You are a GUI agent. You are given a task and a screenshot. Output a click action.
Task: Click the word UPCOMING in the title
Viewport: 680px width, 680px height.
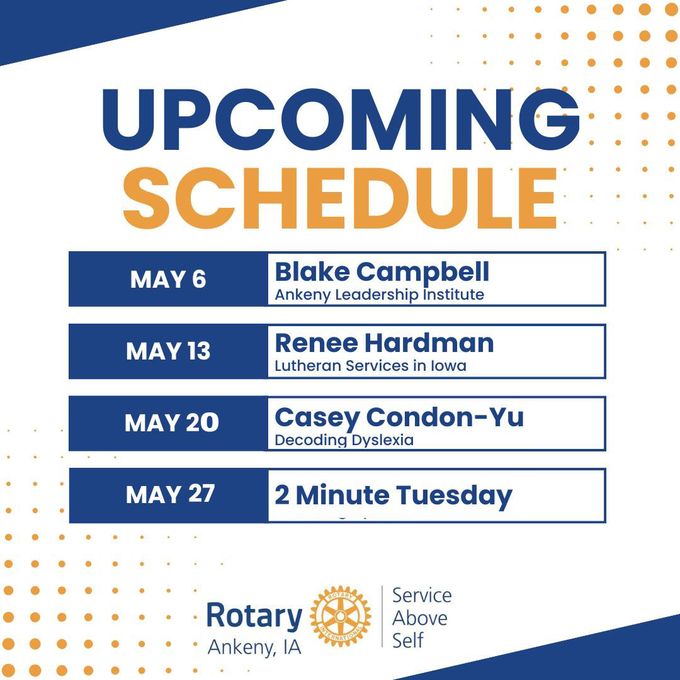click(x=341, y=119)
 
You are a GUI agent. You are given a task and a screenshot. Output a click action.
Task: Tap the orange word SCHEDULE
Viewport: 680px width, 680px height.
click(x=340, y=198)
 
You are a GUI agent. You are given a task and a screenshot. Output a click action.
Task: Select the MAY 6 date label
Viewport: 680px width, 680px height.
click(x=168, y=280)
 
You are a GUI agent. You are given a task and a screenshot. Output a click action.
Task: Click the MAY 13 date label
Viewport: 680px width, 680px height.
click(x=168, y=351)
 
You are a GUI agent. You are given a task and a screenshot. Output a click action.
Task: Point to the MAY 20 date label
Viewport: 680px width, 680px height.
click(x=172, y=423)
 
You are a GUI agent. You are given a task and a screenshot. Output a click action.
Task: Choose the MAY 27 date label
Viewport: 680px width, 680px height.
click(x=170, y=494)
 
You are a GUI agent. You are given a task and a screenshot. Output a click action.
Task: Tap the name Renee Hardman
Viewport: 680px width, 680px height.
click(x=384, y=344)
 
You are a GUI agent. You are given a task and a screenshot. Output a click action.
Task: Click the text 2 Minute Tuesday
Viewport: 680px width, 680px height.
click(x=394, y=497)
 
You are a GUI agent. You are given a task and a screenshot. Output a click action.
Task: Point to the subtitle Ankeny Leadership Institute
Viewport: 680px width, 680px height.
click(x=380, y=295)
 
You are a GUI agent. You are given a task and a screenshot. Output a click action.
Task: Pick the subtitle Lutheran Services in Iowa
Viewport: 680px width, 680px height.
click(x=370, y=366)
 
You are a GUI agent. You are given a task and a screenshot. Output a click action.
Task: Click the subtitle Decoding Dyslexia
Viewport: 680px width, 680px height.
click(x=344, y=441)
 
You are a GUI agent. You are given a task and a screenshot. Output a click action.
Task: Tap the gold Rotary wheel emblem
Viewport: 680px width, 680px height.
click(x=341, y=616)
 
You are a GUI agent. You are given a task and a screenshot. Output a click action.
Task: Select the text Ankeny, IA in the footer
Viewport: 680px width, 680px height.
click(x=254, y=647)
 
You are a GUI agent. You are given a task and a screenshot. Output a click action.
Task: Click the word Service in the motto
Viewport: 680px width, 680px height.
click(x=421, y=596)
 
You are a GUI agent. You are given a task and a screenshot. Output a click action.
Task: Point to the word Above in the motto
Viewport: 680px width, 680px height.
click(x=419, y=618)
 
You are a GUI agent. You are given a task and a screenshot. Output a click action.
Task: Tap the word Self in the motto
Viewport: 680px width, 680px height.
click(x=407, y=640)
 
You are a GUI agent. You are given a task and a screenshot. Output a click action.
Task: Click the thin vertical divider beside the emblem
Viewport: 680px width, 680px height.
click(x=382, y=616)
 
